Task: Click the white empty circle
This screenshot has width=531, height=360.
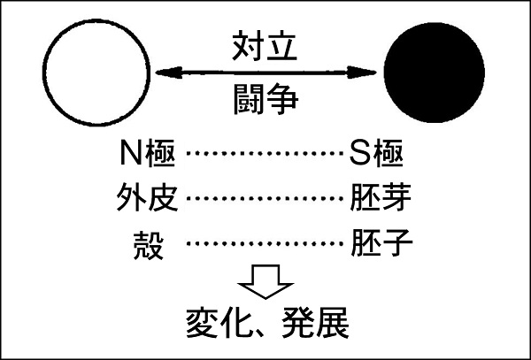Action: coord(44,73)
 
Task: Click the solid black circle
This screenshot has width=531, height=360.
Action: coord(435,73)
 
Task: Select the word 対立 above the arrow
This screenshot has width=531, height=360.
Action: coord(265,46)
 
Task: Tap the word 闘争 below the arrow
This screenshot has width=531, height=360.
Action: coord(265,99)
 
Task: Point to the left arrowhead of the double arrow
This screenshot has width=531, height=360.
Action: coord(169,73)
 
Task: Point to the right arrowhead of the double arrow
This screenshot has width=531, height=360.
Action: coord(362,73)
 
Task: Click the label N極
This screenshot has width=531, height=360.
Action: coord(148,154)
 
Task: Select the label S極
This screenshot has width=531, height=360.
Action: coord(376,154)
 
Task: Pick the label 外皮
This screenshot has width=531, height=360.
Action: coord(147,198)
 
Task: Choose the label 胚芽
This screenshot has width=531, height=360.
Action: coord(381,198)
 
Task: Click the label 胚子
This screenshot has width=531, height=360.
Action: coord(381,243)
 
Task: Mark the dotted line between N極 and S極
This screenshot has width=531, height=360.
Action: coord(265,154)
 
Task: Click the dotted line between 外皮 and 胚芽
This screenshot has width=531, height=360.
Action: coord(265,198)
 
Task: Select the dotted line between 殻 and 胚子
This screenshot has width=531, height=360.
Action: coord(265,243)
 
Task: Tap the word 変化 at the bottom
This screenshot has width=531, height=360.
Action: coord(216,322)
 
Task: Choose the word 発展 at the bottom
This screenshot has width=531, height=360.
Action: coord(315,322)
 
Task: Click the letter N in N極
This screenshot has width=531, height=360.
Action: coord(131,154)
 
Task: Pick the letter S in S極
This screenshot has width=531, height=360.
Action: coord(359,154)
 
